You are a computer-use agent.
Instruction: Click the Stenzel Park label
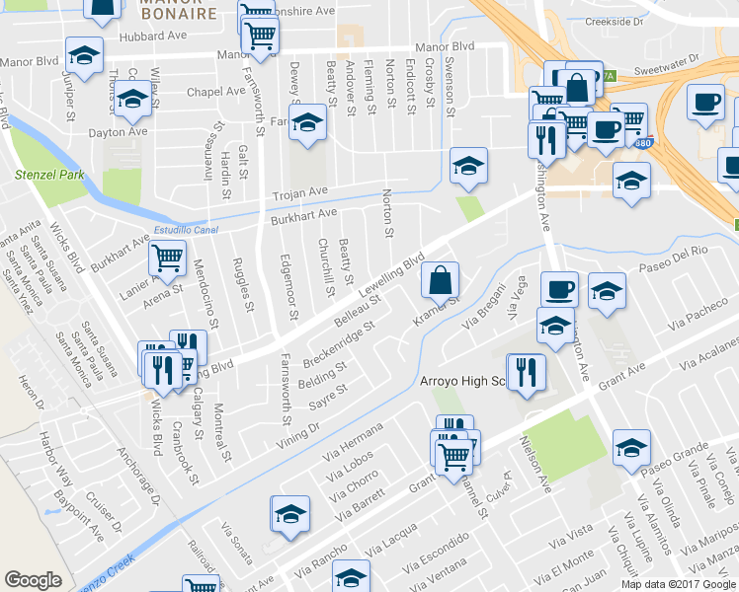[x=47, y=175]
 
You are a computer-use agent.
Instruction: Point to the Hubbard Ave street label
[x=153, y=37]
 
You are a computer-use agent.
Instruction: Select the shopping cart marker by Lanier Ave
[x=167, y=258]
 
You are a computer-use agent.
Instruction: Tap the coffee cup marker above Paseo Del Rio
[x=559, y=288]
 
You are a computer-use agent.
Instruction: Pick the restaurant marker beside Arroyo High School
[x=526, y=373]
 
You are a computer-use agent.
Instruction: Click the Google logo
[x=33, y=580]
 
